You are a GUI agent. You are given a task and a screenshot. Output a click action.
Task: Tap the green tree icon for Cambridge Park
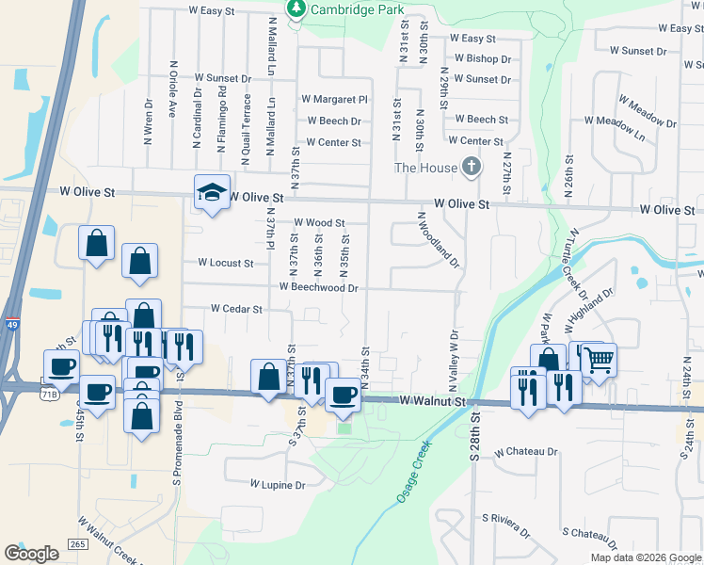(297, 8)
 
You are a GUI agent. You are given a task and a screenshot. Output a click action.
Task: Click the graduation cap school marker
(212, 192)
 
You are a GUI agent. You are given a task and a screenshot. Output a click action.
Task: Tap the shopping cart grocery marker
(600, 359)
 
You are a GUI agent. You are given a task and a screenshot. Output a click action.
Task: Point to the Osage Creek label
(413, 471)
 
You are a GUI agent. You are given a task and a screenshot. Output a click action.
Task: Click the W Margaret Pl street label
(333, 99)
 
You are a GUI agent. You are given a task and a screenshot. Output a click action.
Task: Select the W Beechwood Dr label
(318, 287)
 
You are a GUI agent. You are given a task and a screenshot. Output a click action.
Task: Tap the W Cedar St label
(235, 308)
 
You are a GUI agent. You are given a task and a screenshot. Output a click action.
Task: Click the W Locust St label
(225, 264)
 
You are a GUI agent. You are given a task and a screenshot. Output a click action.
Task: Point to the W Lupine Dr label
(278, 485)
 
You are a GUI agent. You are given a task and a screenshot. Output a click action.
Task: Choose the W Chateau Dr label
(526, 452)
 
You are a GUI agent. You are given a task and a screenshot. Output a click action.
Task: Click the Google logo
(31, 554)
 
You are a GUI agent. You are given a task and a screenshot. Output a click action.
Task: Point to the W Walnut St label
(431, 401)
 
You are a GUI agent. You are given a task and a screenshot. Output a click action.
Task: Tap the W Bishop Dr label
(481, 58)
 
